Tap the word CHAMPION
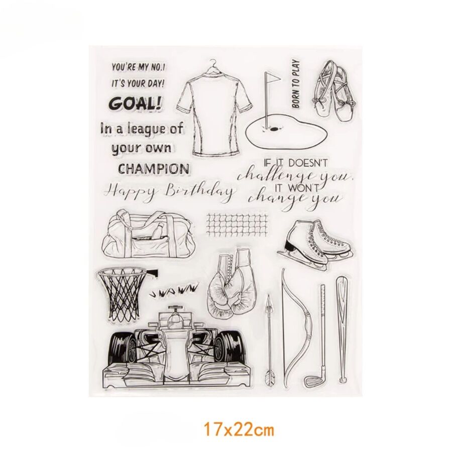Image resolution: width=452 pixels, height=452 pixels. point(154,169)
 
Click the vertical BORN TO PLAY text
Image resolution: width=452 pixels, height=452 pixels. point(295,84)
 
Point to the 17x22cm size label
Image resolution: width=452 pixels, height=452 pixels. point(239,430)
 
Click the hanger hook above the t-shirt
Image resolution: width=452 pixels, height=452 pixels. point(213,64)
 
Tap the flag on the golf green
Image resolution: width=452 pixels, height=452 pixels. point(272,77)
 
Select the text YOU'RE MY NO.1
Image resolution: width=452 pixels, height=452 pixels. point(138,68)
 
